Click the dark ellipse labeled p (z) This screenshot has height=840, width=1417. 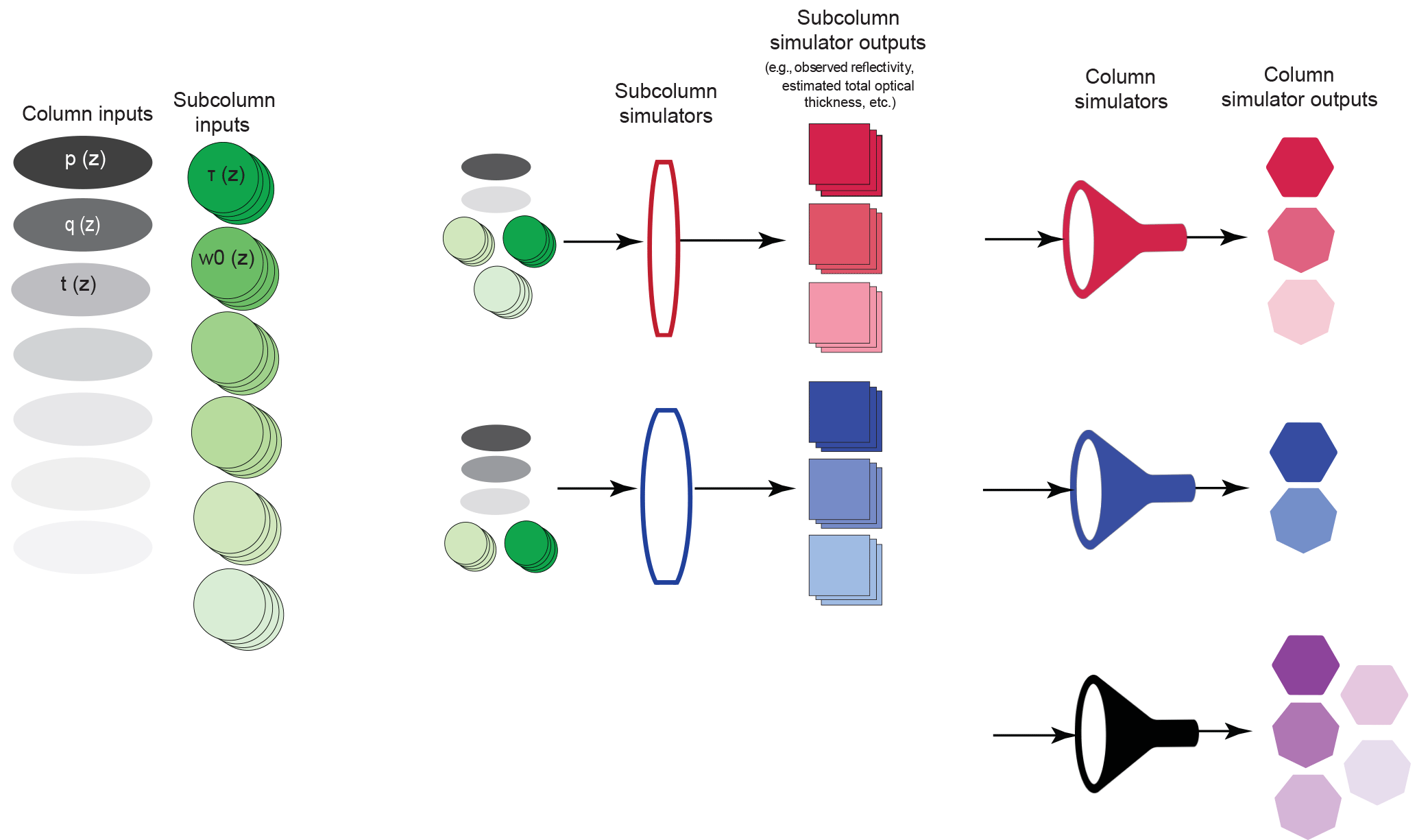[x=83, y=162]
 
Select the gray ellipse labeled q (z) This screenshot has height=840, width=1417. [x=83, y=225]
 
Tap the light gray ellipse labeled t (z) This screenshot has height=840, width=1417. [x=81, y=289]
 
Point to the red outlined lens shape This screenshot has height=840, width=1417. [x=664, y=248]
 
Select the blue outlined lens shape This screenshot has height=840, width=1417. [x=666, y=496]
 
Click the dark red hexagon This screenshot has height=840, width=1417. [x=1300, y=167]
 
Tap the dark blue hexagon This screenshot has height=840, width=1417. [x=1303, y=452]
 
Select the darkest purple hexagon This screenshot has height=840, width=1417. [x=1305, y=664]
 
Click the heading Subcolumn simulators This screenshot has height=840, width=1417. [x=666, y=104]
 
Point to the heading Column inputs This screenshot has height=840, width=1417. [x=87, y=113]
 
